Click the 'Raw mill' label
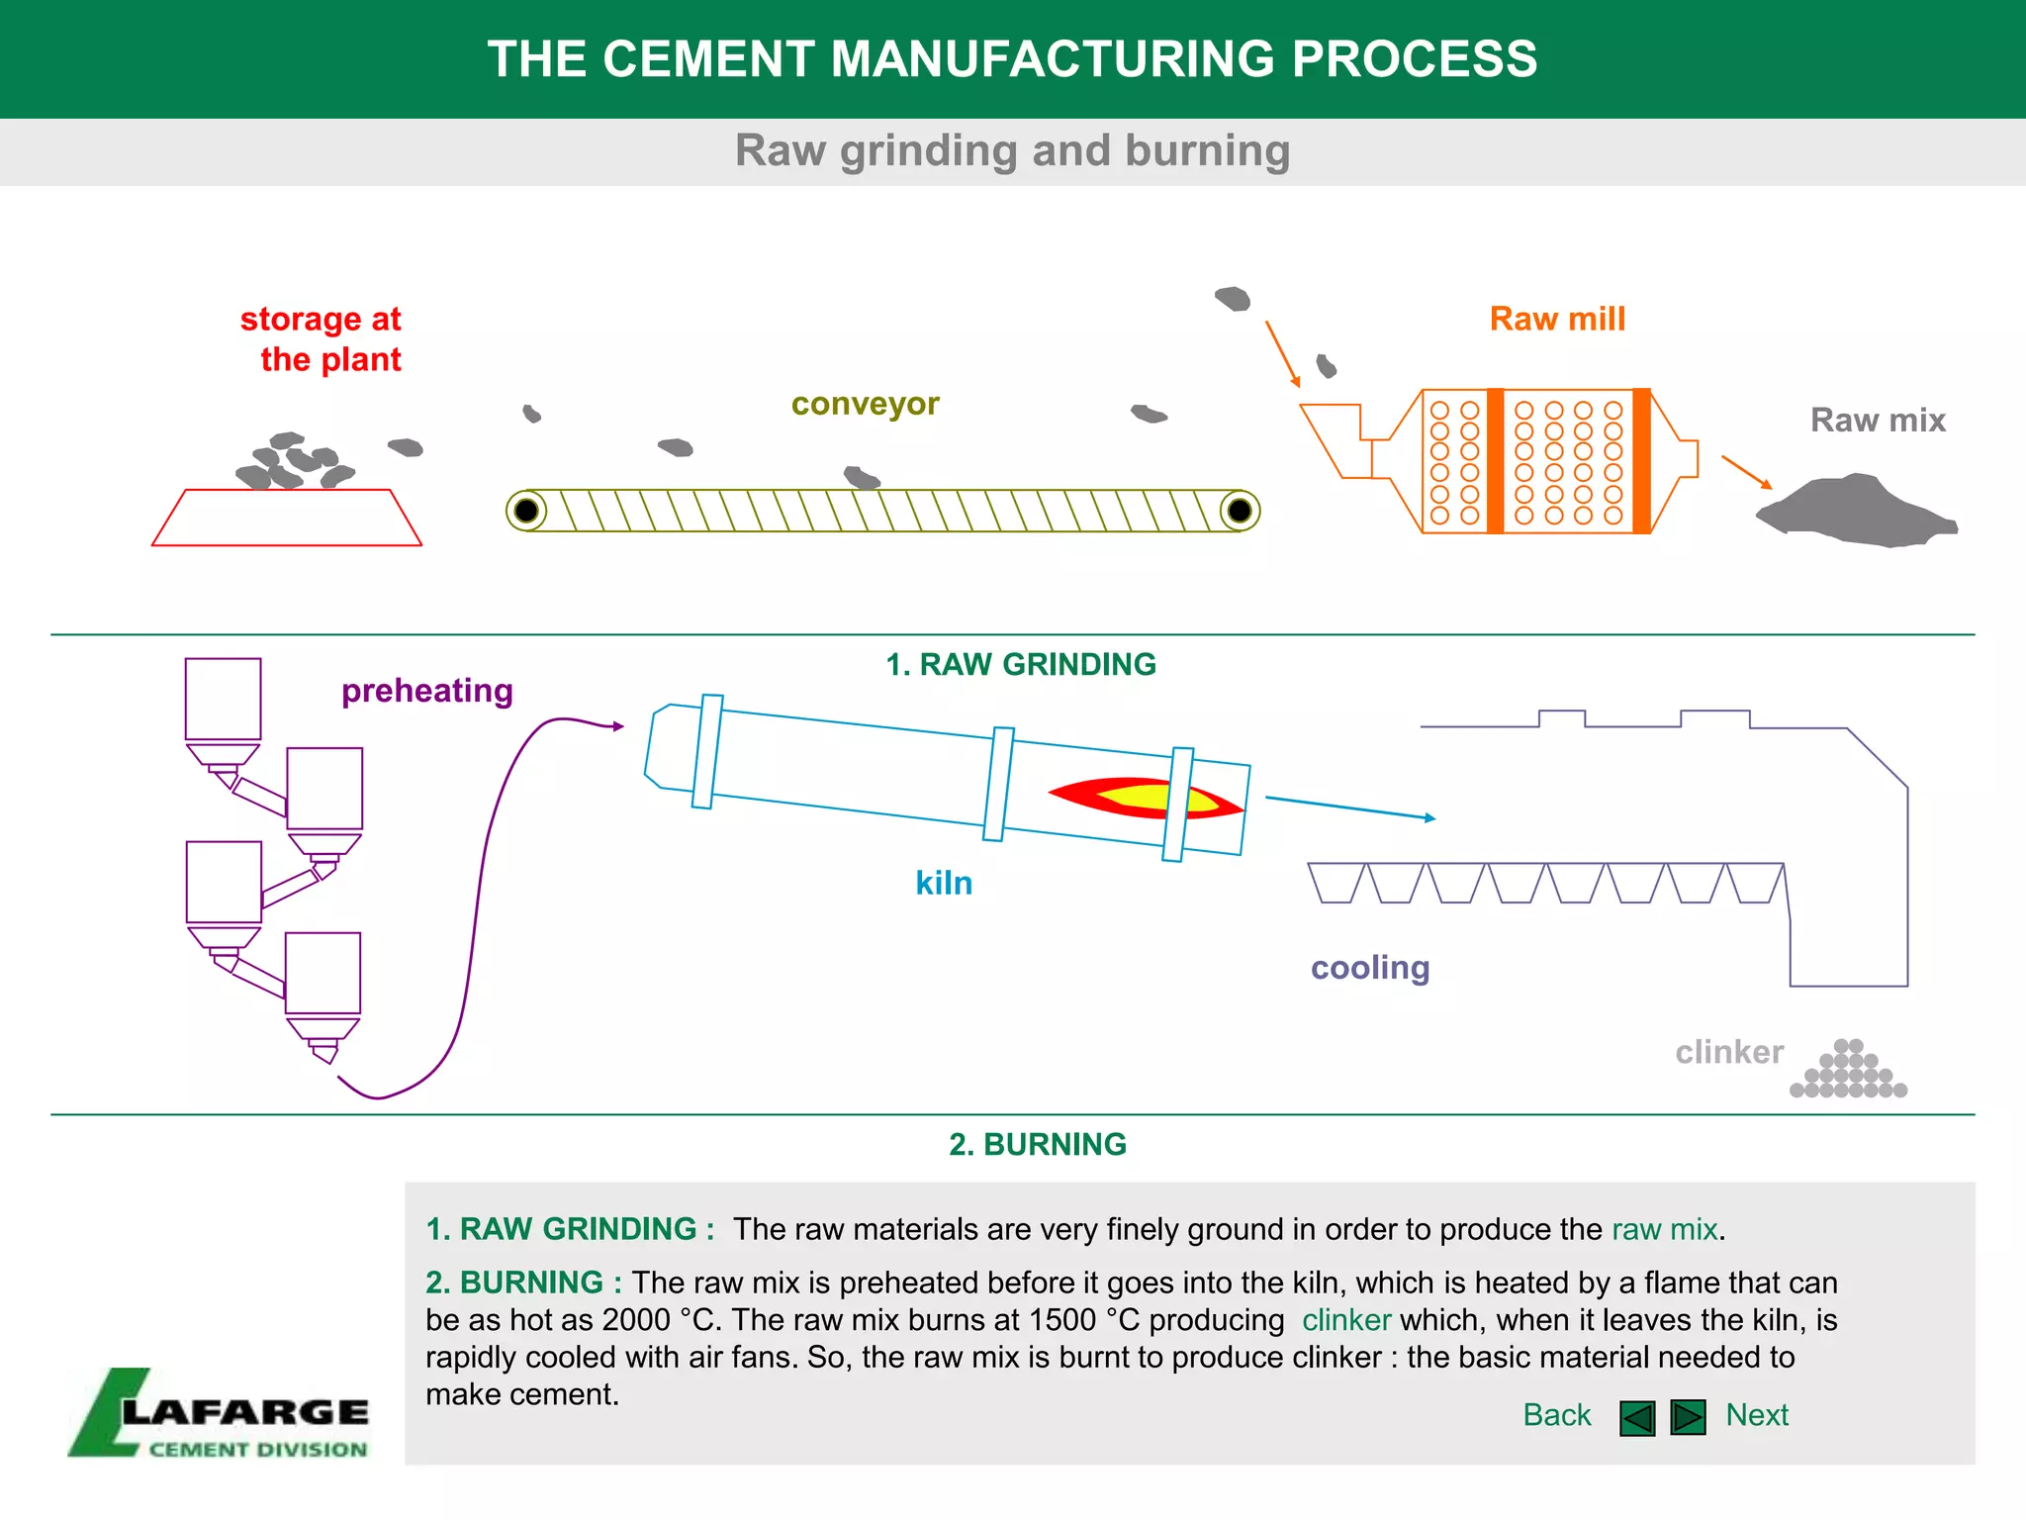tap(1557, 319)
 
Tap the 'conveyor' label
tap(865, 404)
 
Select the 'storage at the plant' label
tap(322, 338)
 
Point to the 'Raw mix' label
tap(1877, 420)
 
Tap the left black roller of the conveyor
tap(526, 511)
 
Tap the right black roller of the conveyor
tap(1239, 511)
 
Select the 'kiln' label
tap(944, 883)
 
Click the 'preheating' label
tap(426, 691)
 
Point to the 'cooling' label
tap(1370, 967)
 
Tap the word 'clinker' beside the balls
tap(1729, 1051)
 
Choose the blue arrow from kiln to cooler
tap(1350, 807)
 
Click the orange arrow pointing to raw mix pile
tap(1746, 471)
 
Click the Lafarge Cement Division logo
tap(220, 1413)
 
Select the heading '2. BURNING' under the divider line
tap(1037, 1144)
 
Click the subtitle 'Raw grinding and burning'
tap(1012, 150)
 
